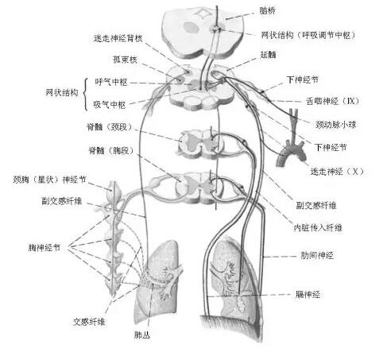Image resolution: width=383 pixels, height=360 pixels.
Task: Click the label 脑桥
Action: click(268, 11)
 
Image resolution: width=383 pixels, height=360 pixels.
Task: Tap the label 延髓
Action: click(268, 55)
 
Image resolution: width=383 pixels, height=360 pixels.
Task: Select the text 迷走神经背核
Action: click(118, 39)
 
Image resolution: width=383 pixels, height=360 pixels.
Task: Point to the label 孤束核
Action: click(125, 60)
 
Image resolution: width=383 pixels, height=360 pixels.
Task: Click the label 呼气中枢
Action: click(111, 82)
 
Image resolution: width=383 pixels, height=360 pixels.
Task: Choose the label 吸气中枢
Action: click(110, 105)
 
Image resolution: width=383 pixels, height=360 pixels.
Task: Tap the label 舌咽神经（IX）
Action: click(333, 101)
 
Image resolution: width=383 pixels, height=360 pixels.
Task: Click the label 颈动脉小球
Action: click(335, 124)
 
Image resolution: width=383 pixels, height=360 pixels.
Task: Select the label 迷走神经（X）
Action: click(337, 172)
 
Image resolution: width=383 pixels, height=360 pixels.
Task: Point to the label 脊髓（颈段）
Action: click(110, 127)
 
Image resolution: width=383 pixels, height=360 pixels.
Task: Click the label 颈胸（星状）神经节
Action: click(49, 180)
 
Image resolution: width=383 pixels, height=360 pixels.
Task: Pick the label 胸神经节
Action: click(44, 248)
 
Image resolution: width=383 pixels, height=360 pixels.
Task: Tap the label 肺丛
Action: click(142, 335)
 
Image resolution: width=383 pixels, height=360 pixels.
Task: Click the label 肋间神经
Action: click(317, 256)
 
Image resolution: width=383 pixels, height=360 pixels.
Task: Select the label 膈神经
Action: click(308, 294)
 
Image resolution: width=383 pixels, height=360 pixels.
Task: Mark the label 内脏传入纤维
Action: click(318, 227)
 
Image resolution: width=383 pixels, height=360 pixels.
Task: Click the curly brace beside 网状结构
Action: click(85, 94)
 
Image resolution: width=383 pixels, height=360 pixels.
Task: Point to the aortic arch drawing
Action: click(291, 152)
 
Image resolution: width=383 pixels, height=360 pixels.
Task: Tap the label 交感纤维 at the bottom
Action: click(89, 322)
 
